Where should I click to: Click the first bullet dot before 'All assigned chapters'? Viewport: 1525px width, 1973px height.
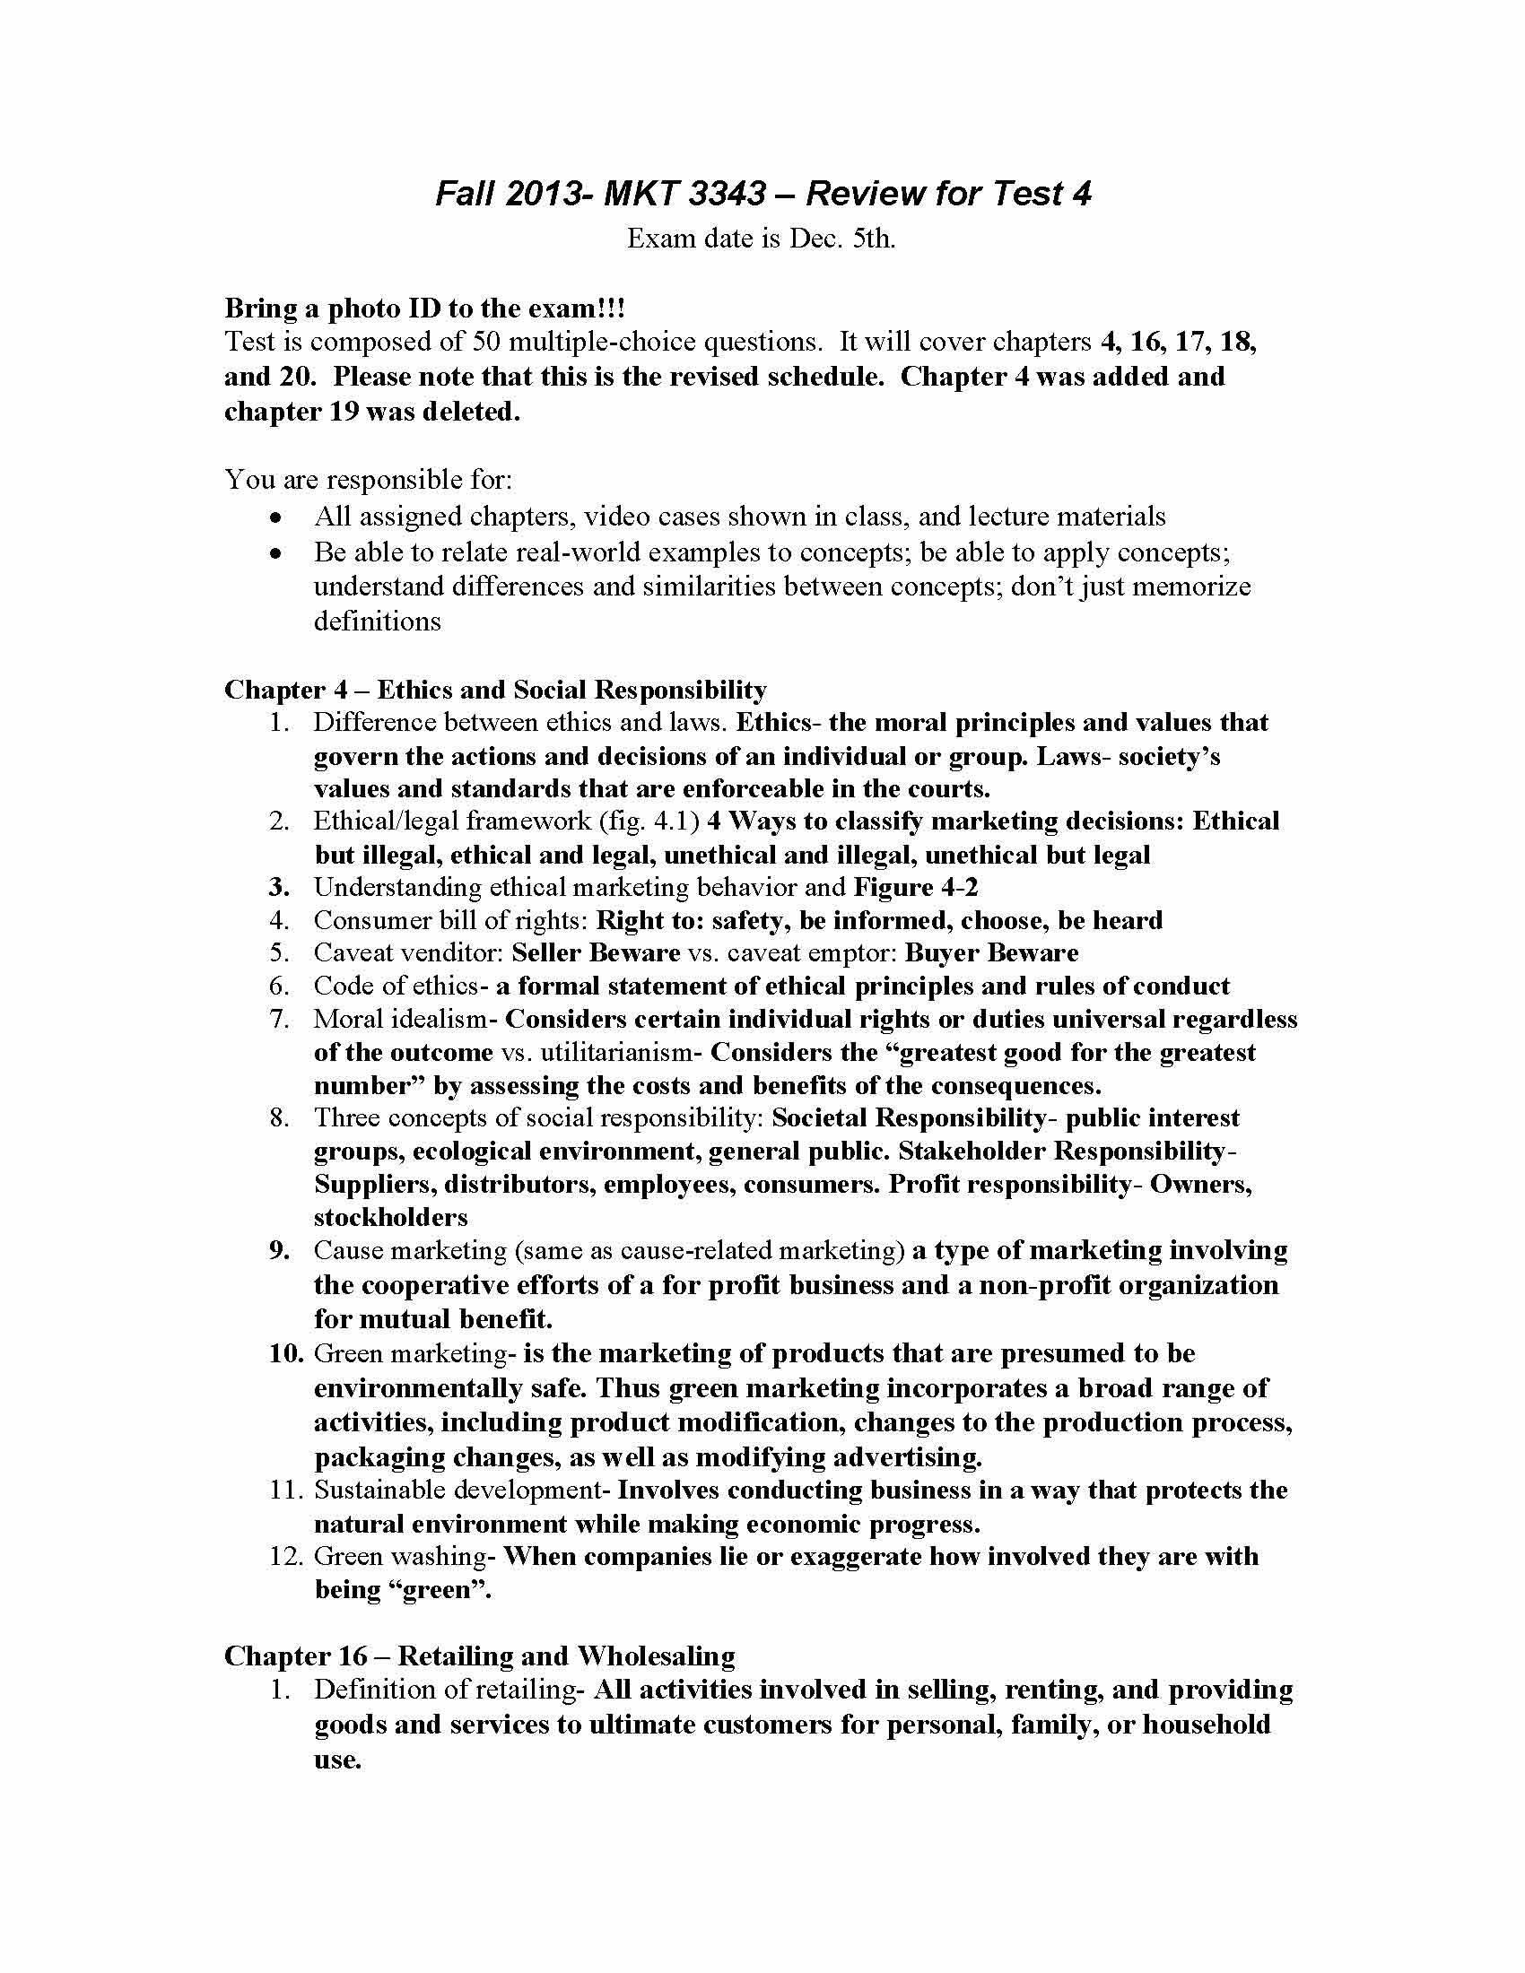click(276, 517)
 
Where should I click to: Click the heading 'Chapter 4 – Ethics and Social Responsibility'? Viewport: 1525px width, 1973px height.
click(495, 690)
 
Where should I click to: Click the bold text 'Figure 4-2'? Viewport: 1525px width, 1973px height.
click(915, 887)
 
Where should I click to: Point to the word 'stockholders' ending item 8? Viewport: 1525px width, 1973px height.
click(390, 1217)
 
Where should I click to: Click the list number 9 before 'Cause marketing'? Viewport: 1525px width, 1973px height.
click(278, 1250)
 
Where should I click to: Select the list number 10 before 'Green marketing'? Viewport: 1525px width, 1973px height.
click(287, 1353)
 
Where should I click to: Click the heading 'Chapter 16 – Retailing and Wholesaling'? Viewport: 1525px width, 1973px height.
click(479, 1656)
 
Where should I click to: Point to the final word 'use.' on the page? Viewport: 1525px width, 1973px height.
click(337, 1759)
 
